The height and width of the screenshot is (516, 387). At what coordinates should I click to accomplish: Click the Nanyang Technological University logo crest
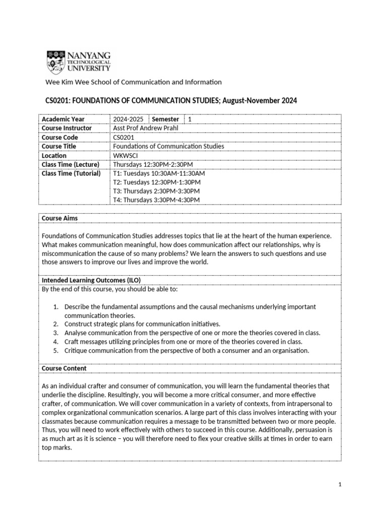point(55,61)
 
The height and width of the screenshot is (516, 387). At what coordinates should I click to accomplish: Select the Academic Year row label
point(63,119)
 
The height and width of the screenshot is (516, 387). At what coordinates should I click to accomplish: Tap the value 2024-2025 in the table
point(128,119)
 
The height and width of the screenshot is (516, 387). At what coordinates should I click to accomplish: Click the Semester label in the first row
point(165,119)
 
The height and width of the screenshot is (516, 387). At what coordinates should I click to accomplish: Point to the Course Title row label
point(59,146)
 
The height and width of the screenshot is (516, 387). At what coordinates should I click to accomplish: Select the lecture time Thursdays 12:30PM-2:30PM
point(153,164)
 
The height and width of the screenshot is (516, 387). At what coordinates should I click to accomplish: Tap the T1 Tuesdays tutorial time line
point(159,173)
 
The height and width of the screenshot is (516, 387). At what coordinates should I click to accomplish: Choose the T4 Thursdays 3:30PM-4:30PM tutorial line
point(156,200)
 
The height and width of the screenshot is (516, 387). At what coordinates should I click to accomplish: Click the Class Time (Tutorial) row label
point(71,173)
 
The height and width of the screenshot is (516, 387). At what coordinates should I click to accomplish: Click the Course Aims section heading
point(59,218)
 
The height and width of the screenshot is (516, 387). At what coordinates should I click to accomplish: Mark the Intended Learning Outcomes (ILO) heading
point(91,280)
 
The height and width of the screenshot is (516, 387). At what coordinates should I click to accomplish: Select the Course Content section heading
point(64,368)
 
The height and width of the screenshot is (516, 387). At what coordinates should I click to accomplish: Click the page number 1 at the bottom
point(340,485)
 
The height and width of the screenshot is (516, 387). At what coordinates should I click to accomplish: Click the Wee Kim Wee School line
point(134,82)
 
